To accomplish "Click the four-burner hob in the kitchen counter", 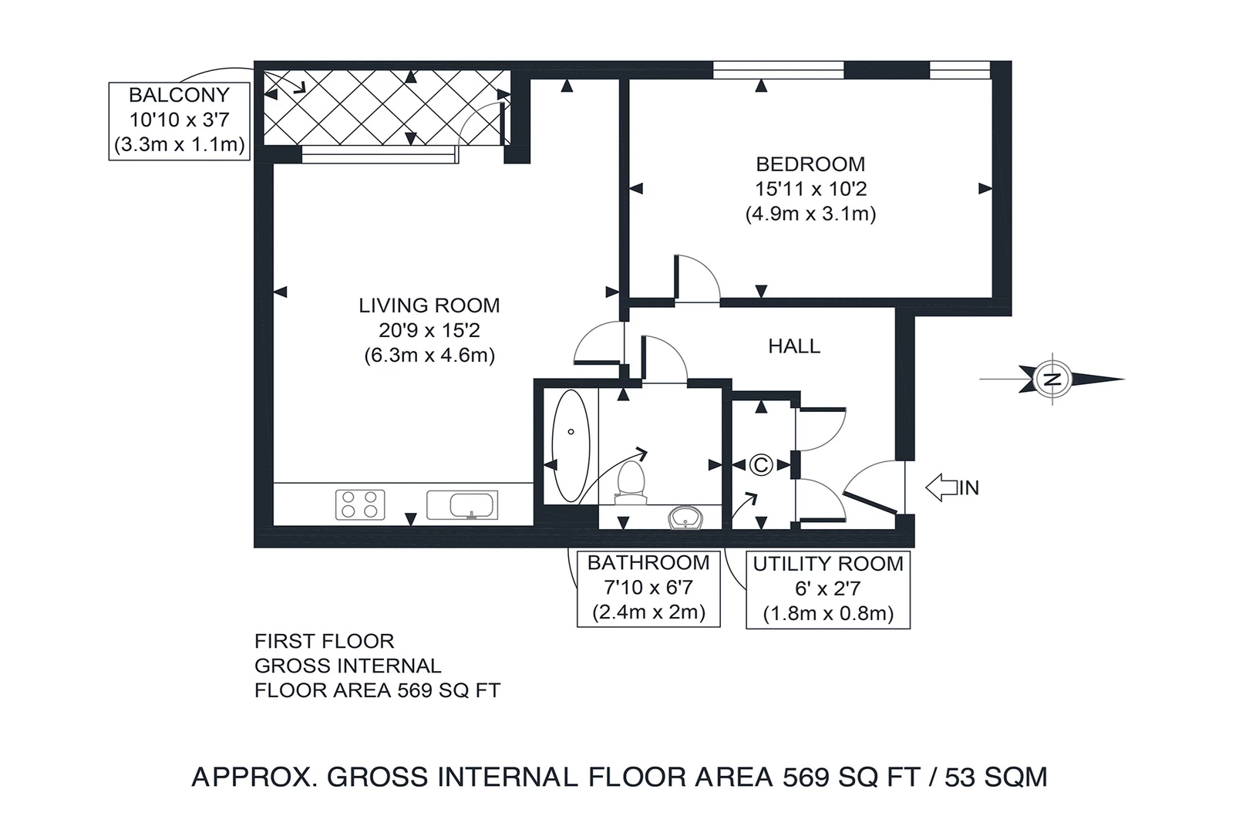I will click(360, 504).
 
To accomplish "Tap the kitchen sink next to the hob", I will click(462, 505).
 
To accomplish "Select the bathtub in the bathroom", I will click(571, 446).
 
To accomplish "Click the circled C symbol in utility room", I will click(761, 465).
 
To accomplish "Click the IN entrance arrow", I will click(951, 487).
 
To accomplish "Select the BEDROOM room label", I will click(810, 164).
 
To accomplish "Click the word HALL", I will click(794, 346).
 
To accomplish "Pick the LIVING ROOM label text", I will click(429, 305).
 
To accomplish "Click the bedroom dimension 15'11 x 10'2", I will click(810, 189).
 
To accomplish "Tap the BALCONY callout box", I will click(180, 120).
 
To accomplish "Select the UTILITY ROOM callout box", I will click(828, 588).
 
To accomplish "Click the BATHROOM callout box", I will click(648, 588).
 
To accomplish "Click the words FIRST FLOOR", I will click(324, 641).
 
